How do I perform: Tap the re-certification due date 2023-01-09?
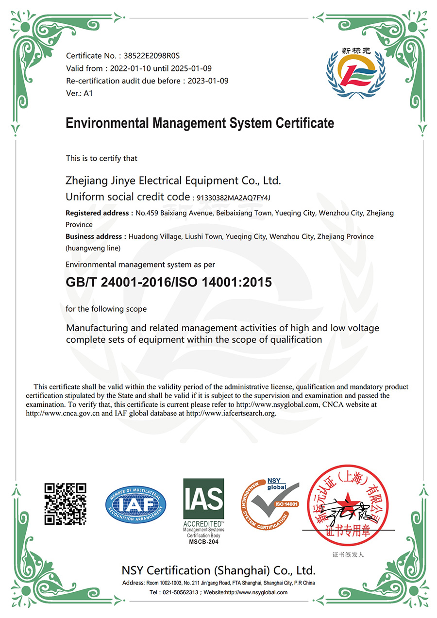tap(209, 81)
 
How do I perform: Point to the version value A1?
tap(88, 93)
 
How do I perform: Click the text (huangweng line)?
tap(93, 248)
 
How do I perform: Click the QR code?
tap(65, 503)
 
